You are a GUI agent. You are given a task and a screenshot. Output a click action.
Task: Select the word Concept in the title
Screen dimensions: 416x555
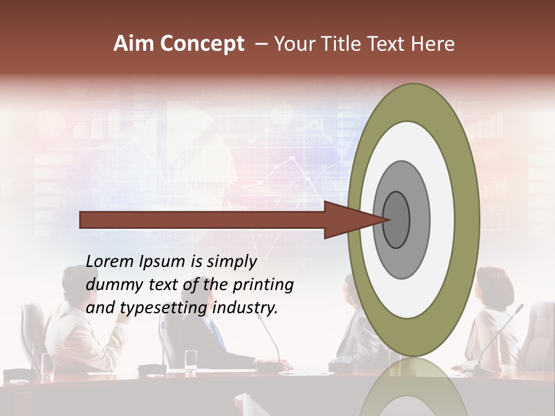point(202,44)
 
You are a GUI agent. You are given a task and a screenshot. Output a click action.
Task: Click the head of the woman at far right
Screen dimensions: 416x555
point(495,287)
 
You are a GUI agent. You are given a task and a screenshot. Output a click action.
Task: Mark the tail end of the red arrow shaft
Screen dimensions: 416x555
point(82,220)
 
